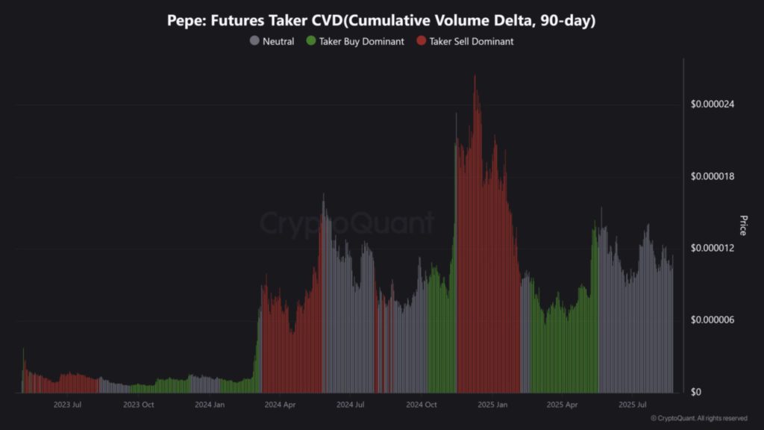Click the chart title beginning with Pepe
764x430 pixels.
(381, 21)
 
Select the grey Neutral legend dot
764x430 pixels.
(254, 42)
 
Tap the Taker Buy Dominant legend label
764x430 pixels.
(361, 42)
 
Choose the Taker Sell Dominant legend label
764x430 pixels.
(471, 42)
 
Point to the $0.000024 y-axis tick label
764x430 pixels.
(714, 104)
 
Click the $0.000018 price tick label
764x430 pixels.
(714, 176)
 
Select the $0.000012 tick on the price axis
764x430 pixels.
(714, 248)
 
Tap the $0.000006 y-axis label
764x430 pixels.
(714, 320)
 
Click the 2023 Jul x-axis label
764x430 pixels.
(67, 405)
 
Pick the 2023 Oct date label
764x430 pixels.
(138, 405)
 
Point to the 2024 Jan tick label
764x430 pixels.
(209, 405)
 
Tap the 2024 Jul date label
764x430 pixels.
(350, 405)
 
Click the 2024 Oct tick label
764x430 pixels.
(421, 405)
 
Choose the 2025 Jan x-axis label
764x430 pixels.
(492, 405)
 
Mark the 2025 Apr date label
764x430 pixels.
(562, 405)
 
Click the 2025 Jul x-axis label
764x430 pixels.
(632, 405)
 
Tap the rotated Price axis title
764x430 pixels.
(743, 225)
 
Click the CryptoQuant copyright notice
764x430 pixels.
(699, 418)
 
